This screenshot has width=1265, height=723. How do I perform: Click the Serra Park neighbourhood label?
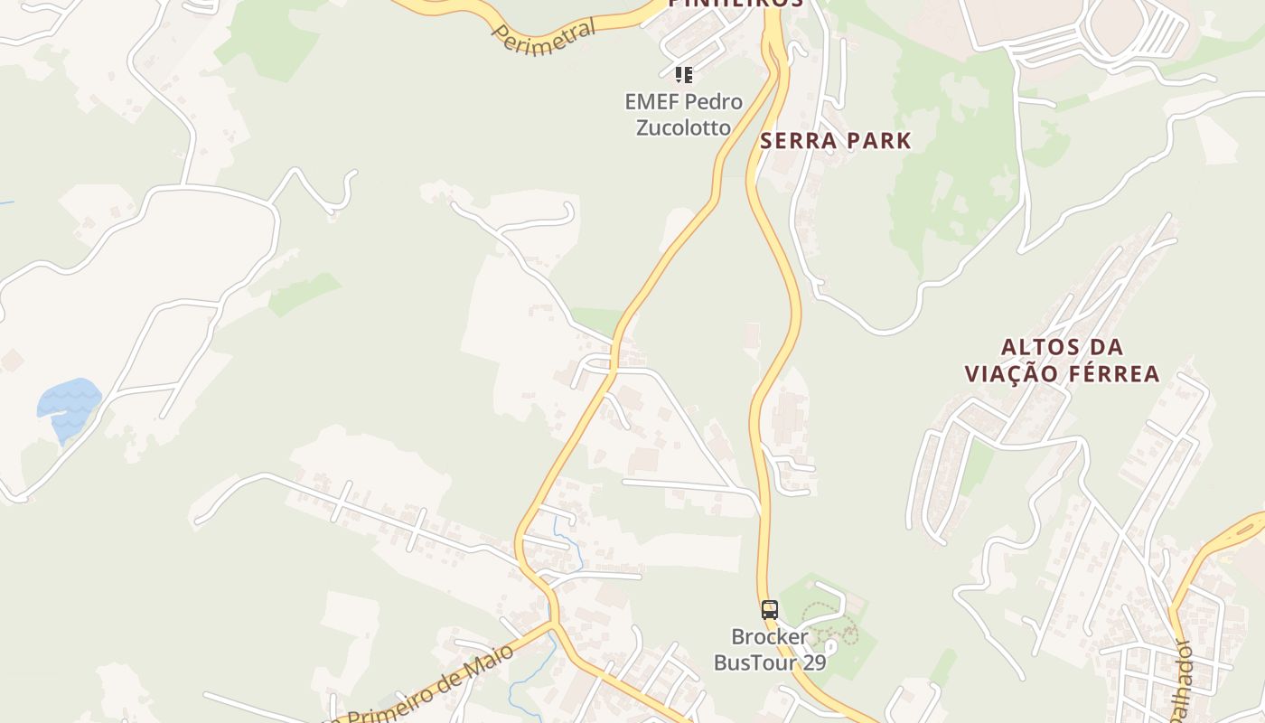click(835, 141)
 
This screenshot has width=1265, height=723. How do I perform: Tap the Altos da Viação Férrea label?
click(1062, 361)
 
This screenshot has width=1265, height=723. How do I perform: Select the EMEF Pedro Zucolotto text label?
click(683, 115)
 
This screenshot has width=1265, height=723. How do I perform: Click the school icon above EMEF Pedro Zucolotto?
click(684, 74)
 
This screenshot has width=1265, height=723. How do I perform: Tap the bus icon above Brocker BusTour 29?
click(769, 610)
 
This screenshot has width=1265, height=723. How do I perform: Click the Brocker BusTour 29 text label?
click(770, 650)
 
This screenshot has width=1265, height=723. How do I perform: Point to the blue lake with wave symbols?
click(69, 405)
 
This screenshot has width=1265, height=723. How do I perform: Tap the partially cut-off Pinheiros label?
click(736, 4)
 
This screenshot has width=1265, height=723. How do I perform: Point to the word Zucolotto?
click(683, 127)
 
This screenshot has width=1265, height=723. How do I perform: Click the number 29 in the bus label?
click(814, 662)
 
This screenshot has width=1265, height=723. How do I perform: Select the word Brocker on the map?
click(770, 637)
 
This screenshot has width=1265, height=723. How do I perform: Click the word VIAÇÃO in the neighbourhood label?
click(1008, 374)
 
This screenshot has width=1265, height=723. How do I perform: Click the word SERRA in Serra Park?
click(792, 141)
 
